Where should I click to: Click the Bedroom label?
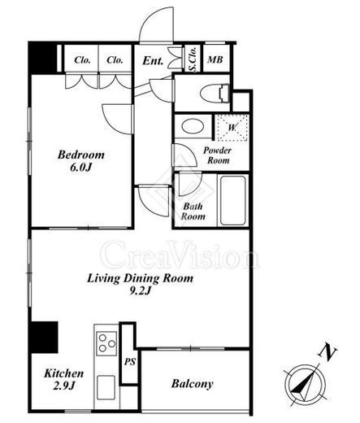click(x=81, y=155)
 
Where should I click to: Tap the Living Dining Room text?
click(x=140, y=278)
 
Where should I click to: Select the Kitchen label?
click(x=64, y=373)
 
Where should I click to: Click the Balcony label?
click(x=193, y=384)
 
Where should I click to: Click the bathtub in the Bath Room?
click(x=233, y=200)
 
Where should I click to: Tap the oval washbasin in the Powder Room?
click(x=193, y=126)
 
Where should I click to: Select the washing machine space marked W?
click(x=232, y=128)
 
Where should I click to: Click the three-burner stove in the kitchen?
click(x=106, y=343)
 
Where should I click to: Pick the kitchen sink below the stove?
click(x=106, y=387)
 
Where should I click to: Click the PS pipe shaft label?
click(x=130, y=361)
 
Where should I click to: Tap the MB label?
click(x=215, y=59)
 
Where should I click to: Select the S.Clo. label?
click(x=193, y=59)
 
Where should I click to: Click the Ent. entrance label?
click(x=153, y=60)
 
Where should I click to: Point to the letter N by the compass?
click(x=327, y=353)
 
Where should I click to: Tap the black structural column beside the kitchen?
click(x=44, y=338)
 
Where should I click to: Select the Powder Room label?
click(x=218, y=155)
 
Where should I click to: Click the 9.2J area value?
click(x=140, y=291)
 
